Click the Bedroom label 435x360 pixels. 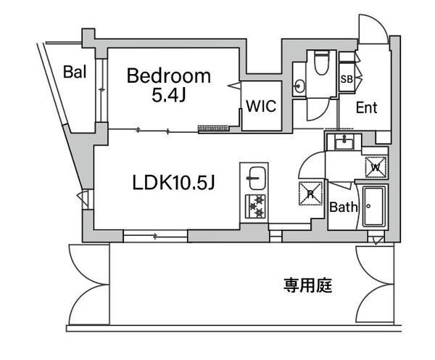click(x=169, y=75)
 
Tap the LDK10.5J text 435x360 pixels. click(x=174, y=183)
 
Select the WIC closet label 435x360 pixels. click(x=261, y=106)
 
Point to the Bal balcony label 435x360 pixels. click(x=75, y=72)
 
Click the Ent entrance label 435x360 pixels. click(x=366, y=107)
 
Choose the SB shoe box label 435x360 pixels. click(x=347, y=79)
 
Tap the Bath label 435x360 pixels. click(x=344, y=207)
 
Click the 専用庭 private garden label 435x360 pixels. click(x=307, y=285)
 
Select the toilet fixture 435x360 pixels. click(x=321, y=62)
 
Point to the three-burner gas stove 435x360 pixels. click(x=255, y=206)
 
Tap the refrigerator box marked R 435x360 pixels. click(x=310, y=194)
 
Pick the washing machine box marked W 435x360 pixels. click(x=376, y=167)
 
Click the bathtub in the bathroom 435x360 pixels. click(x=374, y=206)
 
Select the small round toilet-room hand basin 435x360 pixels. click(x=299, y=86)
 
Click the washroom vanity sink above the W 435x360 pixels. click(x=344, y=143)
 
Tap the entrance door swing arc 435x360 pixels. click(x=381, y=22)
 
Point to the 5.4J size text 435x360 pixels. click(x=168, y=96)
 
